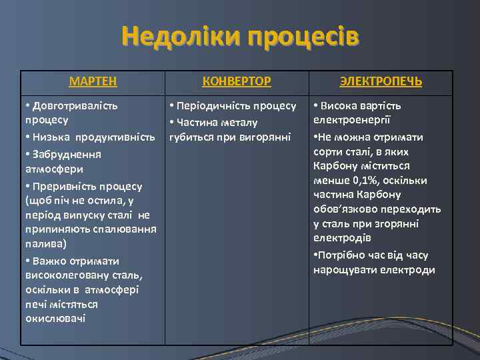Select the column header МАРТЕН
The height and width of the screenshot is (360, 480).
(x=93, y=81)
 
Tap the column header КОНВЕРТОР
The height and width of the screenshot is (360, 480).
(x=237, y=81)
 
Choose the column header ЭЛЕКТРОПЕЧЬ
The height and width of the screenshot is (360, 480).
(x=381, y=81)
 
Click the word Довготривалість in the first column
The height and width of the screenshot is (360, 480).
(x=75, y=105)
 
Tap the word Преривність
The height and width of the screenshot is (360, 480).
(x=65, y=185)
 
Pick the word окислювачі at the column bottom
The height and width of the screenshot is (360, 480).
(x=55, y=319)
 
